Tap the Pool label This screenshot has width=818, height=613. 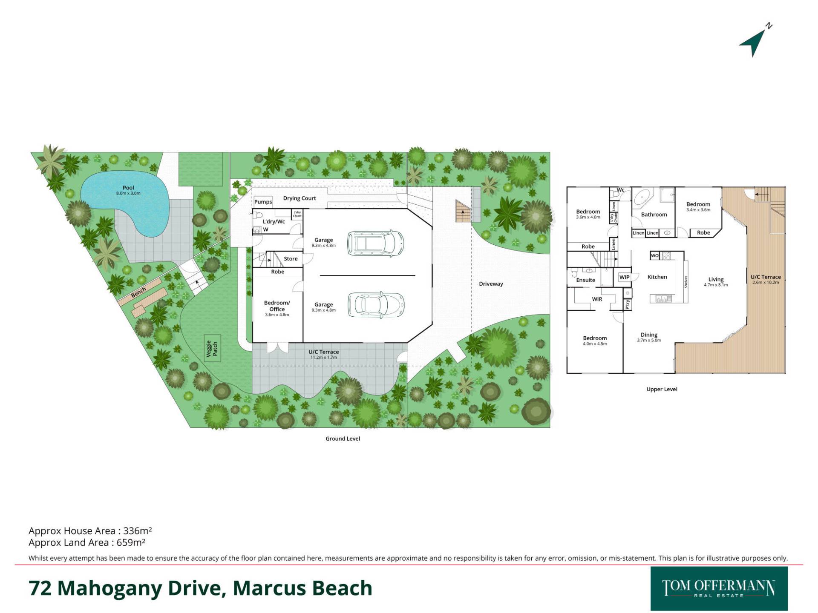[128, 188]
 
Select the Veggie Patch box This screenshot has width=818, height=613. [212, 348]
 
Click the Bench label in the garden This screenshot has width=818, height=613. [138, 292]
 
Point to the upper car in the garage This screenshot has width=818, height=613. [375, 243]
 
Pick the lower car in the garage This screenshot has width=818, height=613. [375, 304]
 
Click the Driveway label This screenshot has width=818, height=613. [491, 284]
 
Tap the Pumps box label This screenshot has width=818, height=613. [263, 202]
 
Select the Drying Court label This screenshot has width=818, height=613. [300, 198]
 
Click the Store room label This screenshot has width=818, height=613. [291, 259]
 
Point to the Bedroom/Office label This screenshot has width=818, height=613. [277, 306]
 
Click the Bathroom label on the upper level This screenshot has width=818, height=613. [654, 215]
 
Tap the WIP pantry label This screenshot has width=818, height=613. [624, 277]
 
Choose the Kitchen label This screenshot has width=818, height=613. [657, 277]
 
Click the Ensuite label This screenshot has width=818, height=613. [585, 280]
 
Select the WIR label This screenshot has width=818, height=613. [597, 299]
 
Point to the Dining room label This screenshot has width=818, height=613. [649, 335]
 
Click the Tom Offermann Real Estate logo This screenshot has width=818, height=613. [719, 589]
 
